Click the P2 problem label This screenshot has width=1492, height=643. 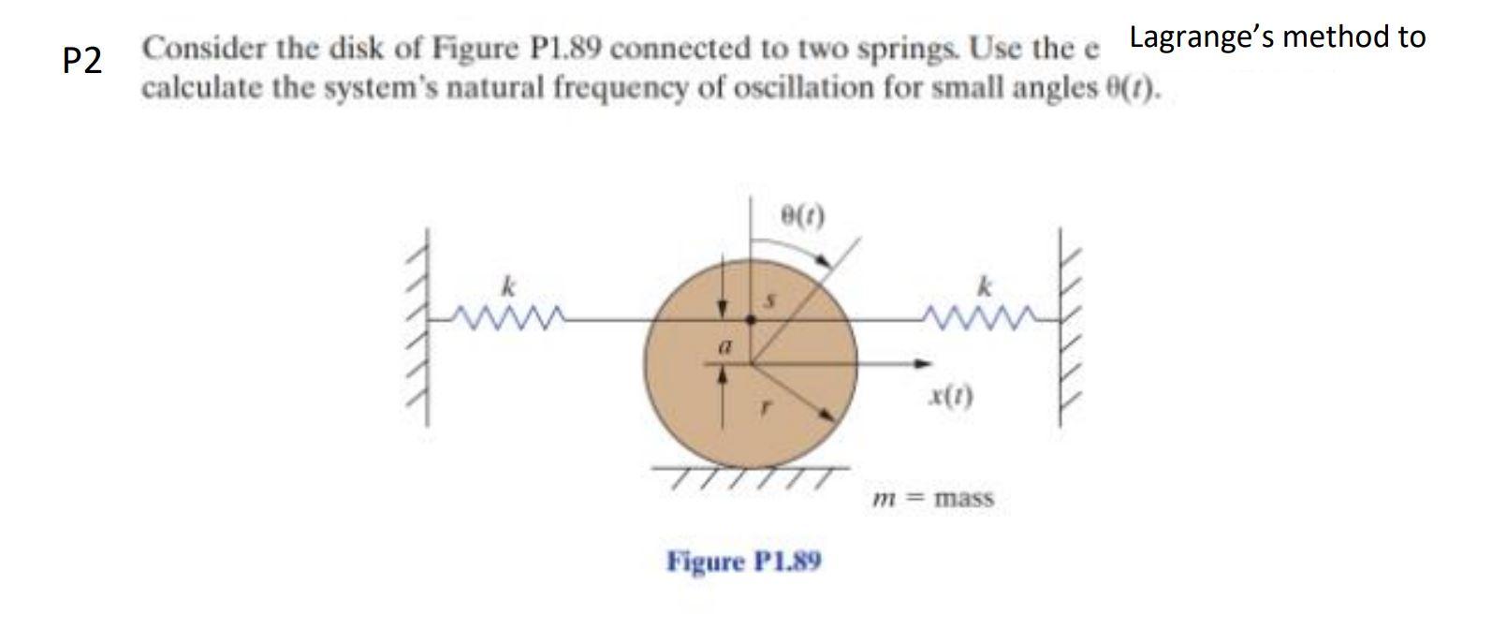82,61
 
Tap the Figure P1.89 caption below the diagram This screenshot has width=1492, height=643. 744,562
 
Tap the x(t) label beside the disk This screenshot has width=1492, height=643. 951,397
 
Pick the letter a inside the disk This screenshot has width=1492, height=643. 723,345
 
